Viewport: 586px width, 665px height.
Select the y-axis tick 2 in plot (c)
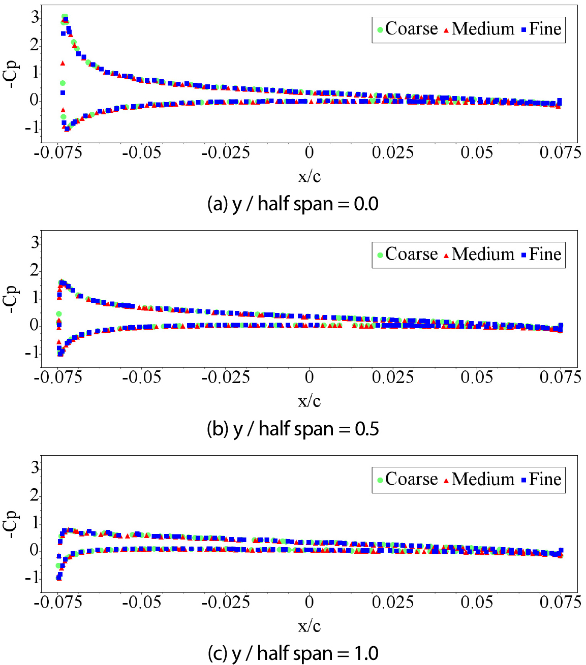click(x=35, y=495)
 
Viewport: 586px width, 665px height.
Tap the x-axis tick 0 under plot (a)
click(x=309, y=152)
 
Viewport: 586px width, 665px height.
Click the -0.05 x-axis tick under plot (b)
click(x=142, y=377)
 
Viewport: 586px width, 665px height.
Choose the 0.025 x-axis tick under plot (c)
click(x=392, y=602)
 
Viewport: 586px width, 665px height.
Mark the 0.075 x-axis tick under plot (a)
click(x=560, y=152)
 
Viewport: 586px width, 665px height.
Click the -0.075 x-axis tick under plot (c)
click(x=58, y=602)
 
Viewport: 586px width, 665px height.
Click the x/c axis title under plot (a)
click(x=309, y=176)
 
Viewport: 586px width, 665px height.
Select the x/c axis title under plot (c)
click(x=309, y=626)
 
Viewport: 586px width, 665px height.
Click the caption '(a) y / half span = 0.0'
click(x=293, y=204)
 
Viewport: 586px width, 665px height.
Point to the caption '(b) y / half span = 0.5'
click(x=293, y=429)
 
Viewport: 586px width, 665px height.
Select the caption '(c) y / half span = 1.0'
click(x=293, y=653)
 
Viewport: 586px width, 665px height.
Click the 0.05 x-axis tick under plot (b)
click(x=477, y=377)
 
